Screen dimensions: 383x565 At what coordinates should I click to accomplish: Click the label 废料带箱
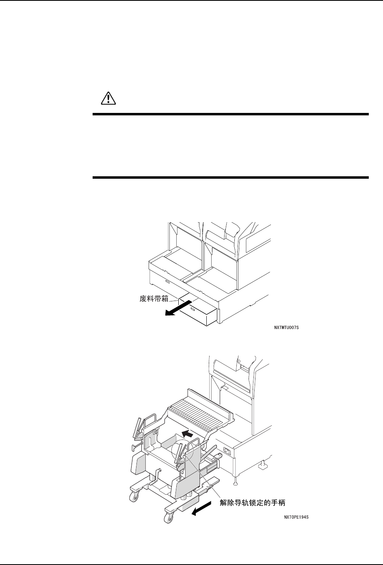tap(151, 300)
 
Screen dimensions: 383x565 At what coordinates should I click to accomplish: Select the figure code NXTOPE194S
tap(299, 517)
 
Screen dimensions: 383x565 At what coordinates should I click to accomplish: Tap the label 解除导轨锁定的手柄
tap(252, 503)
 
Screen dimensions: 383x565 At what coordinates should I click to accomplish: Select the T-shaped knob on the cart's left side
tap(134, 447)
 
